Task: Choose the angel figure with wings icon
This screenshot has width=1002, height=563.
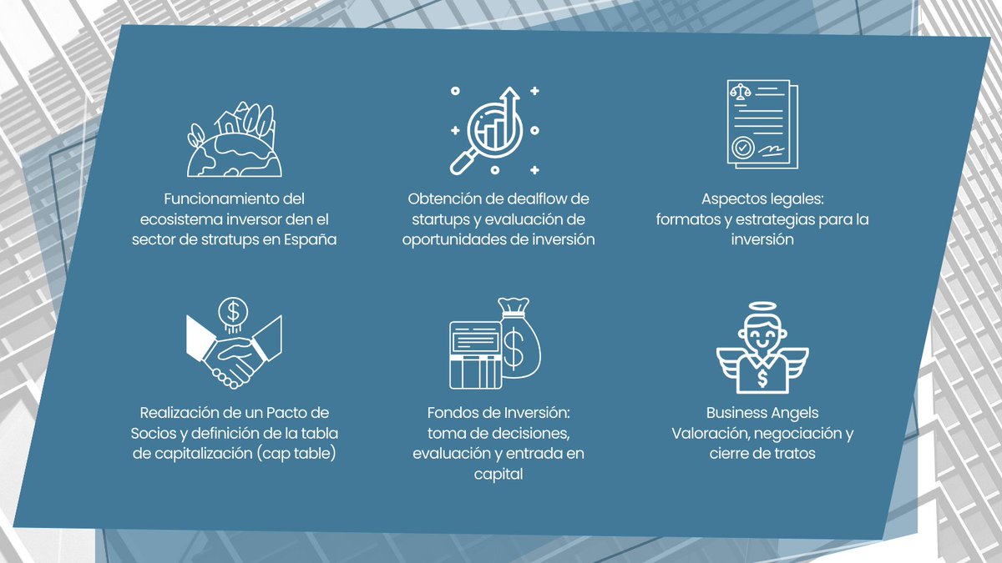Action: coord(762,354)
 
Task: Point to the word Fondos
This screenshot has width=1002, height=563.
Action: coord(452,413)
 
